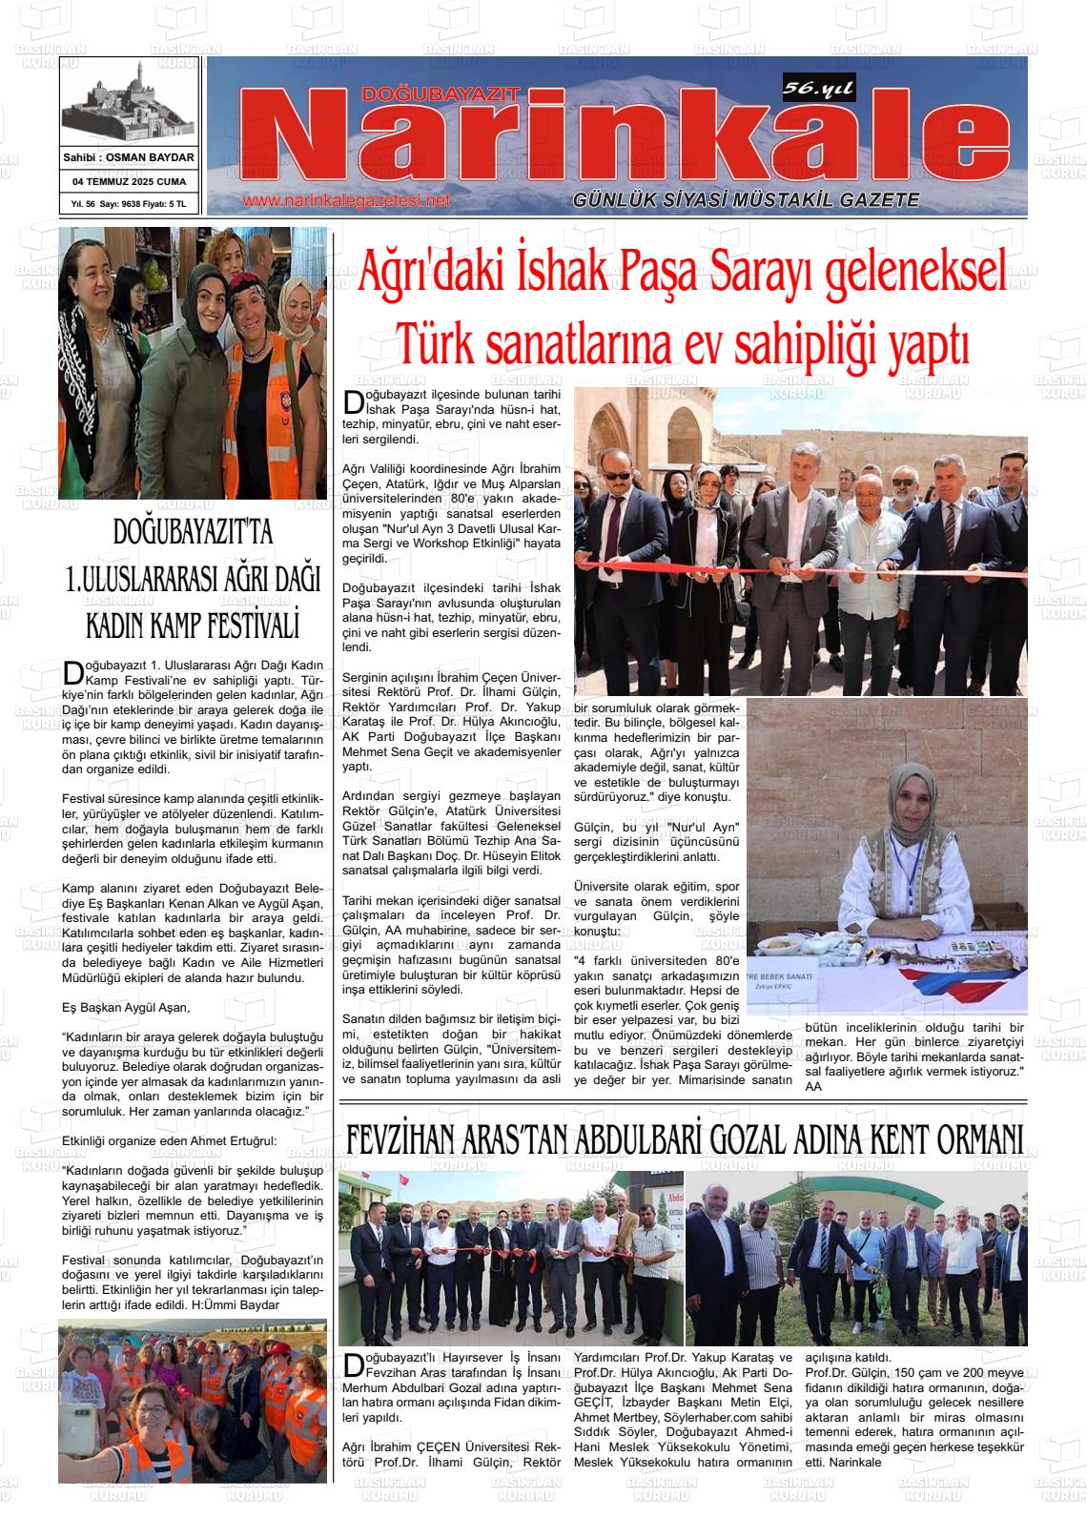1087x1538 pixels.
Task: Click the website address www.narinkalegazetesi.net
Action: click(346, 201)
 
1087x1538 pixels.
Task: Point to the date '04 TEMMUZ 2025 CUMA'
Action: click(130, 181)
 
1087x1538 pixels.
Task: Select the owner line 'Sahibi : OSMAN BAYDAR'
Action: click(129, 157)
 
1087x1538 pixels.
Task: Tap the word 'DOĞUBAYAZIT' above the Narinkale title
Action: click(441, 93)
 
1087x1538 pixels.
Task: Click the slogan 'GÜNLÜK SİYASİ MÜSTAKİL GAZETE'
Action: click(746, 200)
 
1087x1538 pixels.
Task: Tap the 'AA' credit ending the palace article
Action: click(813, 1086)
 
